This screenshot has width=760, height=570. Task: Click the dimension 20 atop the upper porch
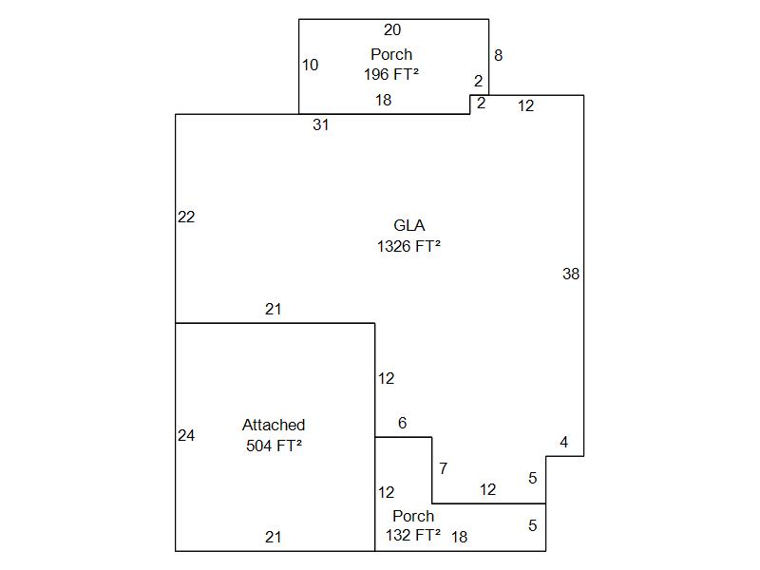(x=392, y=30)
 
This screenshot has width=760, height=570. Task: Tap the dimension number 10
(x=311, y=66)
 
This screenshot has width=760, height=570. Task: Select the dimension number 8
(x=498, y=56)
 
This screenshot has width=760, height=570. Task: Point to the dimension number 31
(x=321, y=125)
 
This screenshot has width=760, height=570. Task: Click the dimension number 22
(x=186, y=218)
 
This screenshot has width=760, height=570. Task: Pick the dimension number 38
(x=571, y=275)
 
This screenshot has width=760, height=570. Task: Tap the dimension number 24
(x=186, y=436)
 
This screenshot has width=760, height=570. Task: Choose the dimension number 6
(x=403, y=424)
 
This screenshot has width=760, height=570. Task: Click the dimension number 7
(x=443, y=469)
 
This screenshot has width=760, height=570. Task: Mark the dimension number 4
(x=563, y=443)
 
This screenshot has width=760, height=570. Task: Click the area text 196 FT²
(x=391, y=74)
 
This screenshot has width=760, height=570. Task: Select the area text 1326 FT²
(x=408, y=246)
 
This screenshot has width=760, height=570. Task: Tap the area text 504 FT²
(x=274, y=446)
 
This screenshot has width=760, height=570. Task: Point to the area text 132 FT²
(x=413, y=536)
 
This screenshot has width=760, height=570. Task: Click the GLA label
(x=408, y=226)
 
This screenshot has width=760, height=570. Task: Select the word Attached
(x=274, y=426)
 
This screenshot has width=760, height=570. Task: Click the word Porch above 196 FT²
(x=391, y=55)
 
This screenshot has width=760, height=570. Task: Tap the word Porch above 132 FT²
(x=413, y=517)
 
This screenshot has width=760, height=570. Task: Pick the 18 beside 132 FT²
(x=459, y=538)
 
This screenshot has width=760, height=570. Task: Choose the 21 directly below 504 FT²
(x=274, y=538)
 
